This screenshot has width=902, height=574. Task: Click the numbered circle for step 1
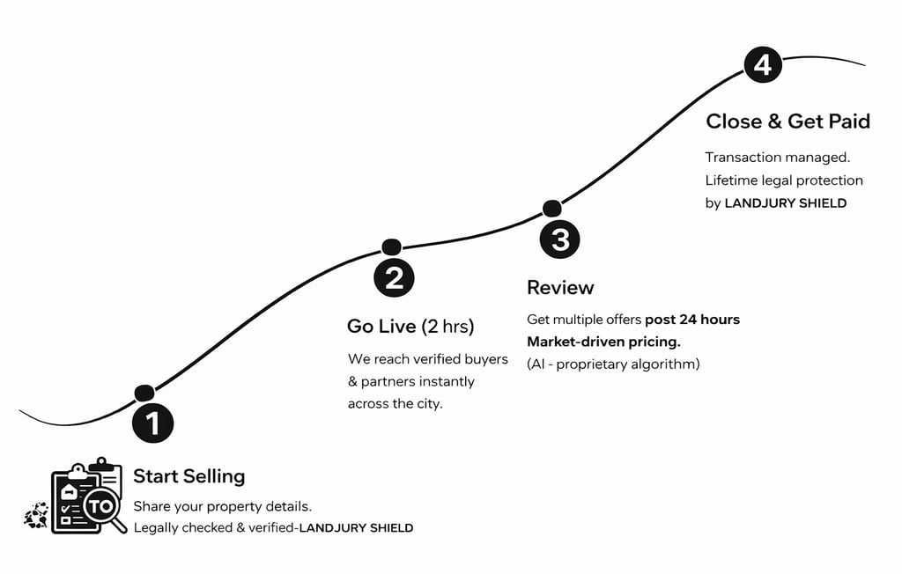[152, 423]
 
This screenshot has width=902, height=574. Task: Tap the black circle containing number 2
[394, 277]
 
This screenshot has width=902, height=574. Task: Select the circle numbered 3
[559, 239]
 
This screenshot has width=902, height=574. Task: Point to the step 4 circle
[763, 65]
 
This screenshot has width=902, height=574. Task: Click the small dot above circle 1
[144, 394]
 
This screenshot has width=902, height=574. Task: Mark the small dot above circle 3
[551, 209]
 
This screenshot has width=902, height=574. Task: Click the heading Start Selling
[189, 476]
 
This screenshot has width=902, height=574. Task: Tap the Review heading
[560, 288]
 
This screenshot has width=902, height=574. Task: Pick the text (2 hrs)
[447, 327]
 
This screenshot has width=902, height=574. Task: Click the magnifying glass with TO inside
[102, 507]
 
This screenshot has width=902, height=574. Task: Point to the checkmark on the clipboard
[65, 509]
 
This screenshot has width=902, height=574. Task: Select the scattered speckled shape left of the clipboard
[36, 515]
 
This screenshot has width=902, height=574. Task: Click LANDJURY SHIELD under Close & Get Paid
[785, 203]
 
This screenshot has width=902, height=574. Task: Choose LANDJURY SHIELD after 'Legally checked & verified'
[356, 528]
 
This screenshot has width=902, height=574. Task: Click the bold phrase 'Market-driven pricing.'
[603, 342]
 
